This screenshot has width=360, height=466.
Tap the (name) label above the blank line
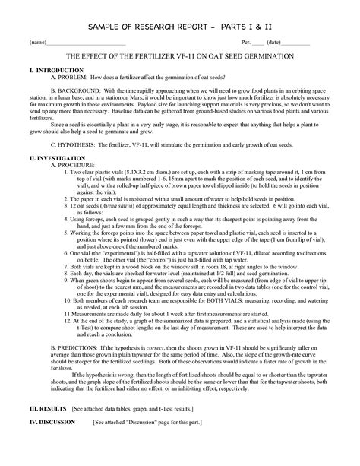pyautogui.click(x=37, y=42)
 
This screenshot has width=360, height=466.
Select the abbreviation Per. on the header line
pyautogui.click(x=245, y=42)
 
